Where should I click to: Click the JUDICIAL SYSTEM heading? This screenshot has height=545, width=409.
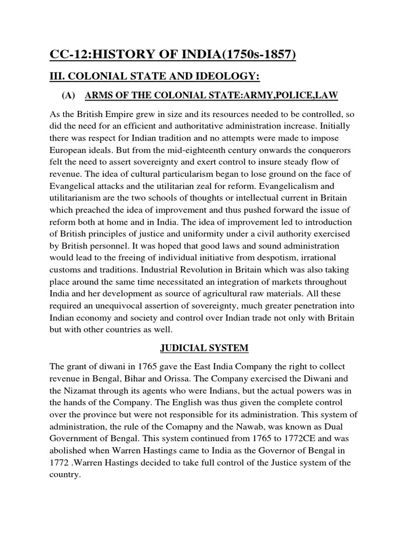pos(204,348)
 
